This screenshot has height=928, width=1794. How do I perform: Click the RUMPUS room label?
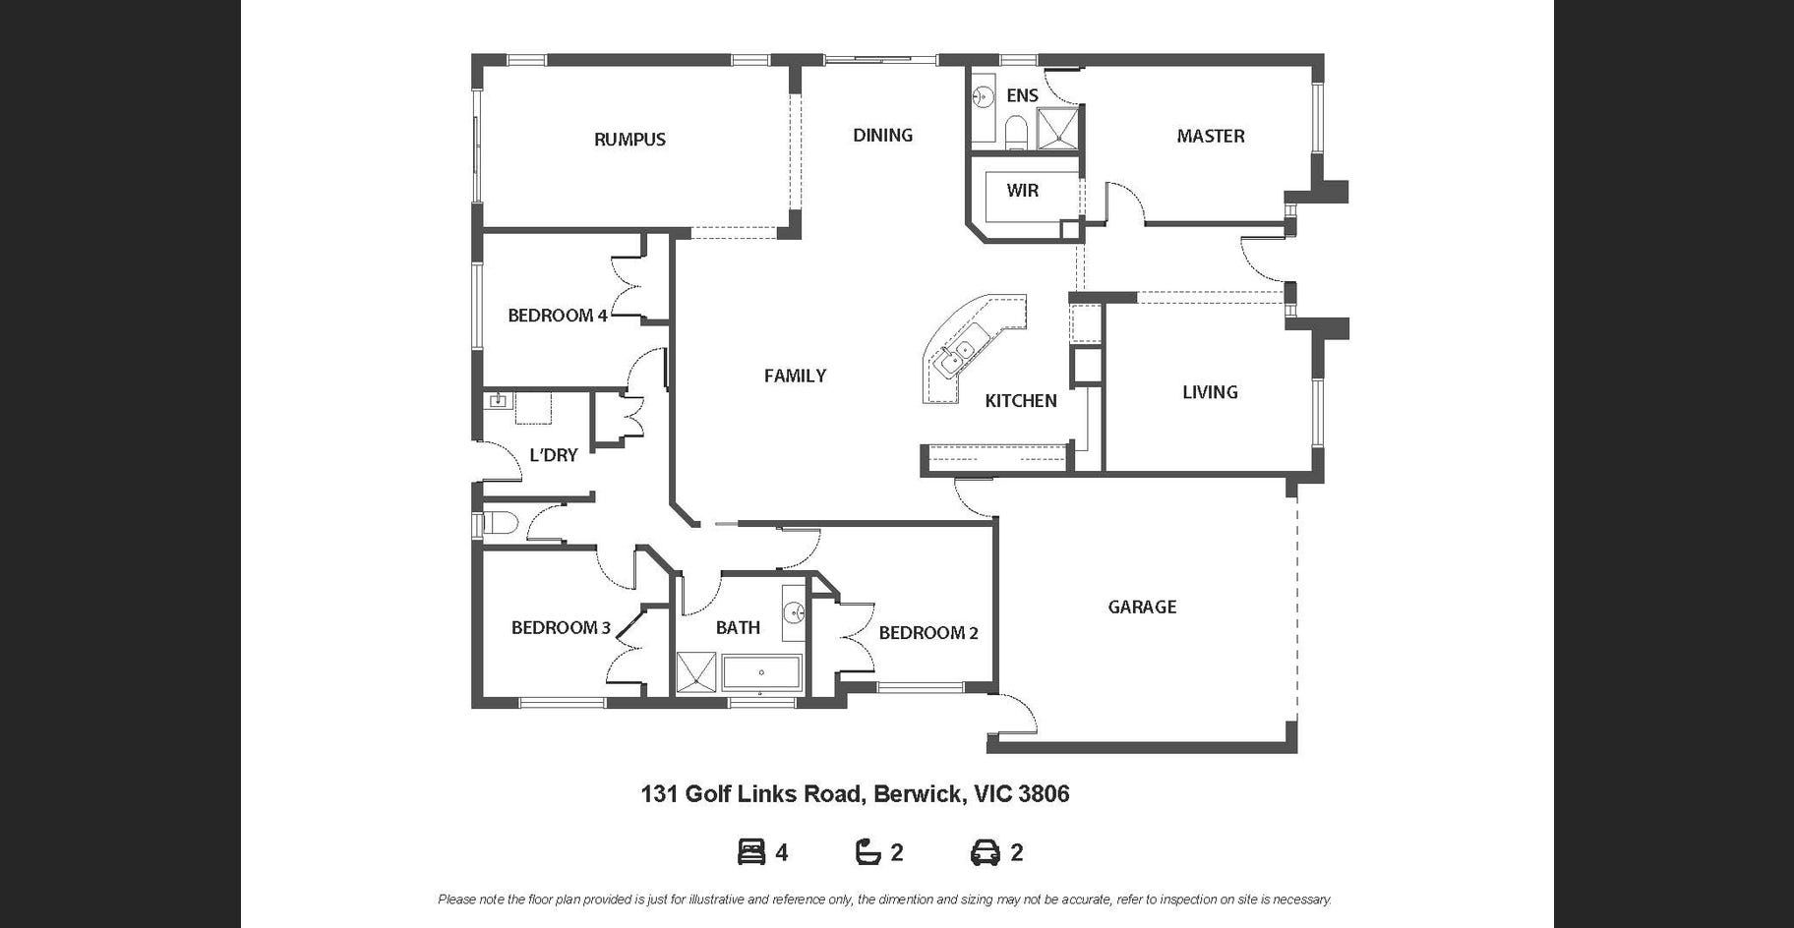[x=629, y=140]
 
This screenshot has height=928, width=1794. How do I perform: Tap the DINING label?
[x=882, y=136]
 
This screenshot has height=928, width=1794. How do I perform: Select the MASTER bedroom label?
[x=1211, y=137]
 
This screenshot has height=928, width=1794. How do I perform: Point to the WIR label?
[x=1022, y=191]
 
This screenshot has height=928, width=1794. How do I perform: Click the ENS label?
[x=1022, y=95]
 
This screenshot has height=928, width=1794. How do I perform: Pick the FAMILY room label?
[x=795, y=376]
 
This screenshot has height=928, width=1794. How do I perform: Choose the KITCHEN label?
[x=1021, y=401]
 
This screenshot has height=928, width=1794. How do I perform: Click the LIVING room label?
[x=1210, y=392]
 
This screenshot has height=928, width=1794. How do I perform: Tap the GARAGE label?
[x=1142, y=608]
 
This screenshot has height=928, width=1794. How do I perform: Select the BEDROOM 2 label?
[x=928, y=633]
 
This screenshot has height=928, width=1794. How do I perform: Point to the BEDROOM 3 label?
[x=561, y=628]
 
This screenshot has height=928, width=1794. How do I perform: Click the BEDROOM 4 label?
[x=558, y=316]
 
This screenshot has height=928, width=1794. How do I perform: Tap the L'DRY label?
[x=553, y=455]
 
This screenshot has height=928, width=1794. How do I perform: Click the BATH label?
[x=738, y=628]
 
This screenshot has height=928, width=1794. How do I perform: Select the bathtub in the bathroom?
[x=762, y=673]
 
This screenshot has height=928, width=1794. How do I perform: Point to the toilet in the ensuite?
[x=1016, y=131]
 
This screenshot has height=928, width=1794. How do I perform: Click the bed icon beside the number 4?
[x=751, y=852]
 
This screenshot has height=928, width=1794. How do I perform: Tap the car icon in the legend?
[x=986, y=852]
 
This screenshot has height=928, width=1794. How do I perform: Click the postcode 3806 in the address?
[x=1044, y=794]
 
